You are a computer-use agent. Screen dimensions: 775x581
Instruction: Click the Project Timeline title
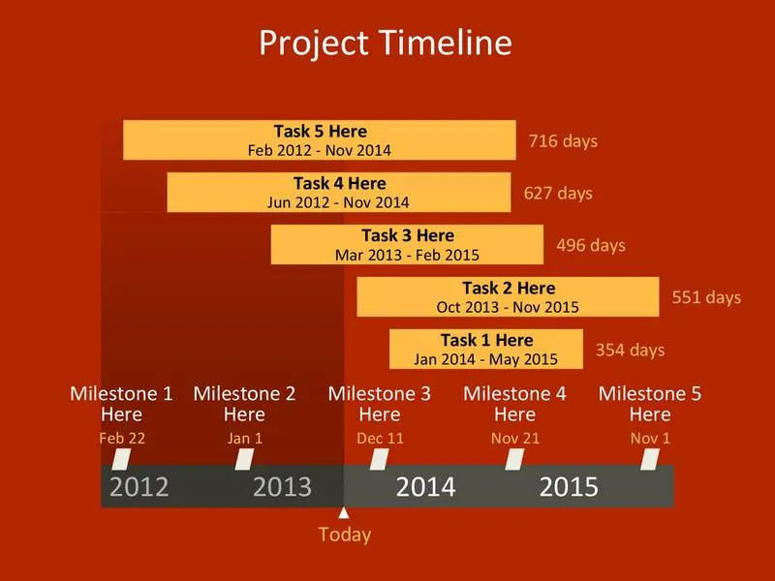[386, 43]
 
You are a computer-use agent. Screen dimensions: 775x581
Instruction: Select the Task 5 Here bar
[320, 139]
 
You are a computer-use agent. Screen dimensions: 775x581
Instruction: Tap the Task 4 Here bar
[338, 192]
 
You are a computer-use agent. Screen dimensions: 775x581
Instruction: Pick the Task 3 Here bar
[407, 245]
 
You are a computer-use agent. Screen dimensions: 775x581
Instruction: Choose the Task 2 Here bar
[508, 297]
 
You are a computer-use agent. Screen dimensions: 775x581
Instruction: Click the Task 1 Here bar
[486, 349]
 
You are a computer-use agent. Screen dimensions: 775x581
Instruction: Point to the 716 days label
[563, 140]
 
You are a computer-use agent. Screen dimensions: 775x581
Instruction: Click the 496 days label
[591, 245]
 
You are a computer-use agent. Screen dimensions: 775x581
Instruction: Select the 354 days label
[631, 350]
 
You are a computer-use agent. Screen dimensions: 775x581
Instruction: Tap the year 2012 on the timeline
[139, 487]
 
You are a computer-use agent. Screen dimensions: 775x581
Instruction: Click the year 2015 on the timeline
[569, 487]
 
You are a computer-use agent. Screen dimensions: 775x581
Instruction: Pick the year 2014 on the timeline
[425, 487]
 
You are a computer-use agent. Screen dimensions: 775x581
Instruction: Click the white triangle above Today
[344, 513]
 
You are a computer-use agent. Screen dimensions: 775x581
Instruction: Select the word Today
[345, 535]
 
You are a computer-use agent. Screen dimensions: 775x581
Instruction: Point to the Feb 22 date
[122, 439]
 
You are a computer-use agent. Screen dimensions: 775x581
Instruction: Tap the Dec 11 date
[380, 439]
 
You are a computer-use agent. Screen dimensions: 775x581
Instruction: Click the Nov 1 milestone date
[650, 439]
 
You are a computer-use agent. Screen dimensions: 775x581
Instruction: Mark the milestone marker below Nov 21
[514, 459]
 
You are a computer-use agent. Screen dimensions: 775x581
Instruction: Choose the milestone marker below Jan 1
[244, 459]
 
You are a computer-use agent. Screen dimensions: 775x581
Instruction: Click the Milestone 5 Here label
[650, 404]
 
